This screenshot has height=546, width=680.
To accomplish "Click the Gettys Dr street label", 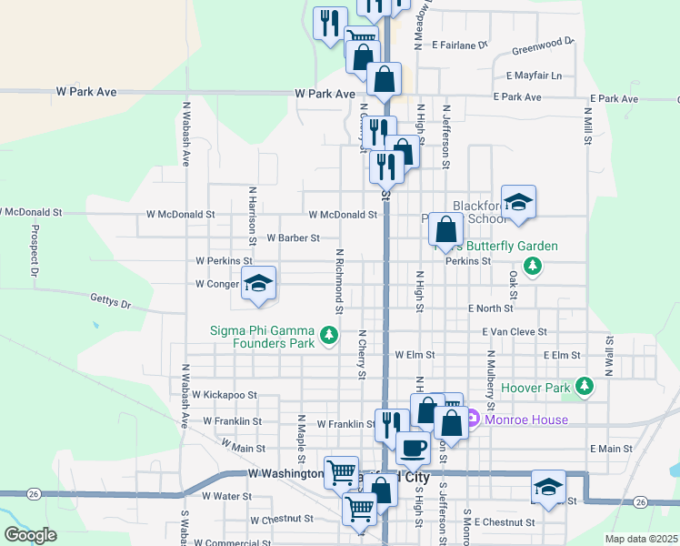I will (x=110, y=298).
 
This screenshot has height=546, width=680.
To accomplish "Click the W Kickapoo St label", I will (x=225, y=396).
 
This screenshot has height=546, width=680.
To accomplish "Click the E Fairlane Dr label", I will (x=460, y=44).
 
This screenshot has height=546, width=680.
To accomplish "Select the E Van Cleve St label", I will (x=515, y=332).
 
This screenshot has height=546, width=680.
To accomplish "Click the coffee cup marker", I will (x=413, y=448).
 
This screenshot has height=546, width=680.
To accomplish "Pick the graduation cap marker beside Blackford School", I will (x=518, y=203).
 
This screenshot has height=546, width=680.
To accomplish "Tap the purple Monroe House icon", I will (x=473, y=420).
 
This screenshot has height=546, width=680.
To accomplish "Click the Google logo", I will (x=30, y=535).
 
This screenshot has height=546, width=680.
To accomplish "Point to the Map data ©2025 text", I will (x=641, y=539).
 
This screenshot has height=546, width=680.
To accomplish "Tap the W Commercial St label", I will (x=231, y=542).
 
